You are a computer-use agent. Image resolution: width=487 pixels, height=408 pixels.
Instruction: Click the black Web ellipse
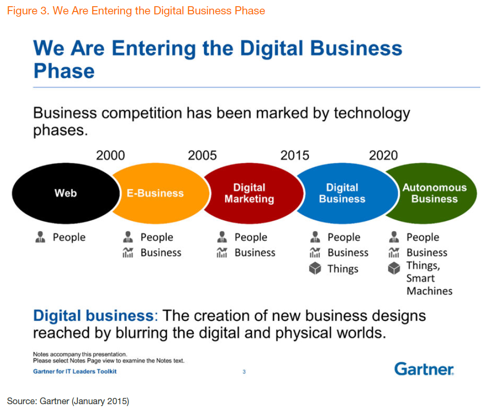tap(65, 193)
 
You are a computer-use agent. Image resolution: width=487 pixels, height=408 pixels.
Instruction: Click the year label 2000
tap(110, 155)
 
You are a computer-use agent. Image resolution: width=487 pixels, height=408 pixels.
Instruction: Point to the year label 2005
tap(202, 155)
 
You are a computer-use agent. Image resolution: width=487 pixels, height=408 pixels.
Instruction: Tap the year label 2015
tap(295, 155)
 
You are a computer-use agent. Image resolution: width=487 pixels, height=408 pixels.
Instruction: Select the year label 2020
tap(383, 155)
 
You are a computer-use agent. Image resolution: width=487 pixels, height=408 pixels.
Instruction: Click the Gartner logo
tap(424, 369)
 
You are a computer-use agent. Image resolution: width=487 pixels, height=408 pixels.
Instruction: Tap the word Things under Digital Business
tap(343, 269)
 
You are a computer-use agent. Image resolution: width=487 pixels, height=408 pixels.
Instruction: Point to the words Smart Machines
tap(429, 284)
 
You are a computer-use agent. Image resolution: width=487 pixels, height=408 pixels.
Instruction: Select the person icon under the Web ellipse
tap(40, 237)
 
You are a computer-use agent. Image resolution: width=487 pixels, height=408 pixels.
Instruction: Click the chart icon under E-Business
tap(128, 252)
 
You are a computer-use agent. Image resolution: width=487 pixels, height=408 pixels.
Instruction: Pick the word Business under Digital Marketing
tap(255, 252)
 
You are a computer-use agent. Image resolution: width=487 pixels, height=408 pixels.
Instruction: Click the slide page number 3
tap(244, 372)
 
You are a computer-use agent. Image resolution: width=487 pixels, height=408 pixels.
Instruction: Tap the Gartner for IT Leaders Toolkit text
tap(75, 371)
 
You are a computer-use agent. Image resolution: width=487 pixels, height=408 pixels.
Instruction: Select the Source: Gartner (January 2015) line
tap(68, 401)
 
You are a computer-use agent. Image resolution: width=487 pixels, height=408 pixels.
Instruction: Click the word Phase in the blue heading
tap(64, 71)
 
